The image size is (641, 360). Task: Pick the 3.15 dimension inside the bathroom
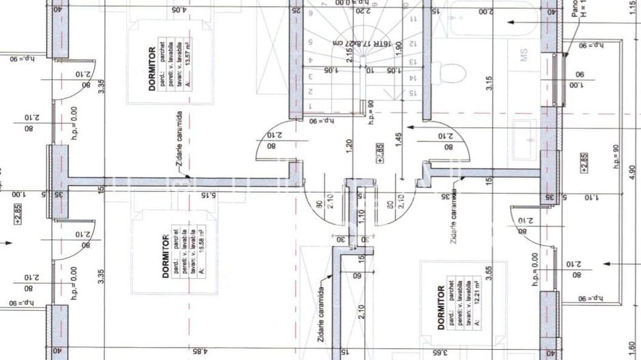coord(489,83)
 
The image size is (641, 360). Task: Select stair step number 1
coord(310,106)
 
